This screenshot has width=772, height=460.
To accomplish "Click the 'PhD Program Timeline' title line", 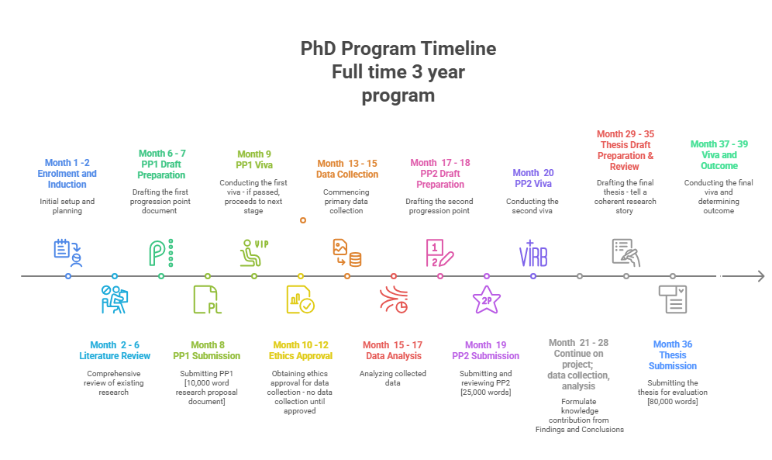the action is click(398, 49).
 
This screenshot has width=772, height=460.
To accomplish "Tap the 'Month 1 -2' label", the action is click(67, 163).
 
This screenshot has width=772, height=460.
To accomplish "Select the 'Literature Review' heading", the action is click(115, 355).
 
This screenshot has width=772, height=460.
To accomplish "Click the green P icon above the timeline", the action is click(161, 253).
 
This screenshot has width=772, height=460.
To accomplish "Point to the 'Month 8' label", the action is click(207, 344).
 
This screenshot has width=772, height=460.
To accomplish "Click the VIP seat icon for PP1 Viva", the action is click(253, 252).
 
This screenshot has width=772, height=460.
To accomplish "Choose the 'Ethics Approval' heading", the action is click(300, 355).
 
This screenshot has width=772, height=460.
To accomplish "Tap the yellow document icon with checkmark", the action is click(300, 299).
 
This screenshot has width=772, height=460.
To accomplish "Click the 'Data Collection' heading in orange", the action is click(347, 174).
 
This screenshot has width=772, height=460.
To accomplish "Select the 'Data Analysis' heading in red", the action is click(394, 355).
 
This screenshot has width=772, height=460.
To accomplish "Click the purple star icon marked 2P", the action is click(487, 300).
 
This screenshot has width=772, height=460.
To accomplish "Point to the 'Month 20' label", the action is click(533, 173).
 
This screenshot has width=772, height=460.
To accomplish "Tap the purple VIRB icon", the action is click(533, 254).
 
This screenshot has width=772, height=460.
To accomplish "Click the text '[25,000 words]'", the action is click(486, 392).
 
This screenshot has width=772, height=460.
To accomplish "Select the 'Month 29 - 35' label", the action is click(626, 134).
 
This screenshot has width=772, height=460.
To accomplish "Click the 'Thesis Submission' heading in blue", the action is click(673, 361).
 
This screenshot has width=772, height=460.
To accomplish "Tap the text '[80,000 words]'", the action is click(673, 401).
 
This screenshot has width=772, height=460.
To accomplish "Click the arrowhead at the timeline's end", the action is click(760, 276).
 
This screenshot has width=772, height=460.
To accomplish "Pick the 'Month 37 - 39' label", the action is click(719, 144).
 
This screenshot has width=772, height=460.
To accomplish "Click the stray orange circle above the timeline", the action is click(303, 220).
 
